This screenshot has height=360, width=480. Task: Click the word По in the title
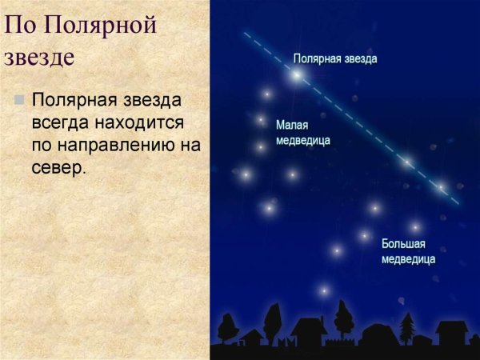point(21,26)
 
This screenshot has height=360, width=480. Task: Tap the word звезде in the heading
point(39,58)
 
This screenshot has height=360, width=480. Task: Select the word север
point(57,168)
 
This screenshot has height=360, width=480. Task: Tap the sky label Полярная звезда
point(335,58)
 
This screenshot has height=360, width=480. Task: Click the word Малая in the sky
point(292,126)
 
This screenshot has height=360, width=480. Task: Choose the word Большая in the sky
point(403,244)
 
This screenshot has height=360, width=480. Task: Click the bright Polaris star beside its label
point(298,75)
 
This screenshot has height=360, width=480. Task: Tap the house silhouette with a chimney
point(308,328)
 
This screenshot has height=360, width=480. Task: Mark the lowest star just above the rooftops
point(324,291)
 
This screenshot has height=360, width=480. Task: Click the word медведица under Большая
point(408,259)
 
